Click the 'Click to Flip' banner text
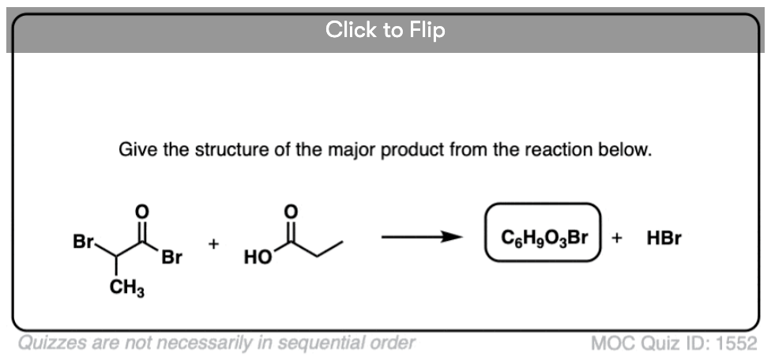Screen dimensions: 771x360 pyautogui.click(x=385, y=30)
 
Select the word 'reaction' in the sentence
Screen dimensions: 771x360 pyautogui.click(x=558, y=150)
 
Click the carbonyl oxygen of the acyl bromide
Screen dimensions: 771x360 pyautogui.click(x=141, y=212)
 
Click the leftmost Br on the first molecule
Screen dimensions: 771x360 pyautogui.click(x=83, y=242)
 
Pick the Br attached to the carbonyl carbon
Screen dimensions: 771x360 pyautogui.click(x=171, y=257)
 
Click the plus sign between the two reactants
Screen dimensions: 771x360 pyautogui.click(x=213, y=244)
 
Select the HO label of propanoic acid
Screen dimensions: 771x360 pyautogui.click(x=258, y=257)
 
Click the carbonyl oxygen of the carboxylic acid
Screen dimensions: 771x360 pyautogui.click(x=291, y=212)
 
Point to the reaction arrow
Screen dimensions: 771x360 pyautogui.click(x=421, y=237)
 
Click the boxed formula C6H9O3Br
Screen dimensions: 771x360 pyautogui.click(x=544, y=238)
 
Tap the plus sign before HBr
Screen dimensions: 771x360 pyautogui.click(x=617, y=238)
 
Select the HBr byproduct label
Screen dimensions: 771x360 pyautogui.click(x=664, y=238)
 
